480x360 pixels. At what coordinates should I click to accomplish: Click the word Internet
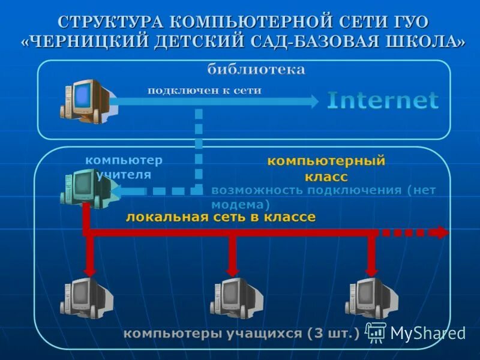pos(383,100)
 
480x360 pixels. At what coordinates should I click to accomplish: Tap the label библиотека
pos(256,70)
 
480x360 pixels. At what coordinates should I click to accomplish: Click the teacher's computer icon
pos(84,188)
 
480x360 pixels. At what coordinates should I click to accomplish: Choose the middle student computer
pos(236,298)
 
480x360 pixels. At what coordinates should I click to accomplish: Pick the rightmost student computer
pos(371,298)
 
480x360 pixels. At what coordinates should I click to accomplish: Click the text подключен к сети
pos(205,91)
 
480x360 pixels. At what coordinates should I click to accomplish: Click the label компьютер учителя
pos(123,167)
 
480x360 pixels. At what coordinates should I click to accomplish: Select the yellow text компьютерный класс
pos(326,168)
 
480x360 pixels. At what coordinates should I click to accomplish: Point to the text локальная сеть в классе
pos(220,217)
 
